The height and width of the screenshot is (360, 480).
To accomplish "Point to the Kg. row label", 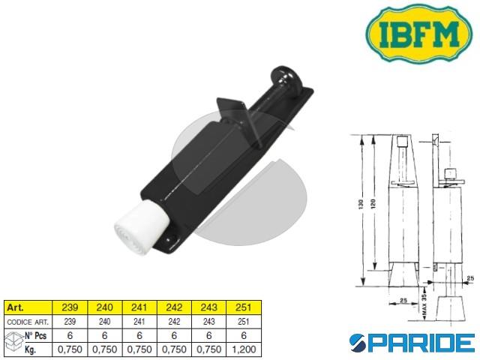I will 32,349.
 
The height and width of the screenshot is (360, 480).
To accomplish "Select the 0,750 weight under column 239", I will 67,349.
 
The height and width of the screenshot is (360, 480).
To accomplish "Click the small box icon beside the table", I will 12,342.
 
